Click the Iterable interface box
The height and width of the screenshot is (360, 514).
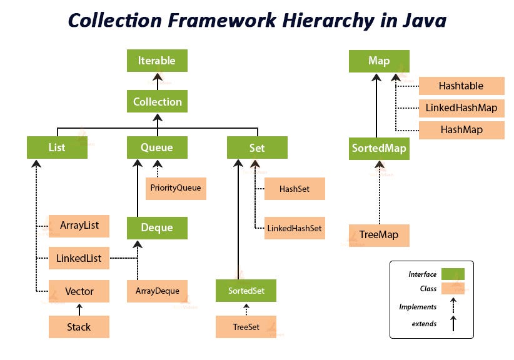(157, 61)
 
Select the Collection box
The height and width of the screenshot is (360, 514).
(157, 101)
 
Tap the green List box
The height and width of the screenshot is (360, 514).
(57, 148)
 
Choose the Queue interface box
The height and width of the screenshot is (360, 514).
(157, 148)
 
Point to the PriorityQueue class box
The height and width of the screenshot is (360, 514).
(176, 187)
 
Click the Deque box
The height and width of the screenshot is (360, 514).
(157, 227)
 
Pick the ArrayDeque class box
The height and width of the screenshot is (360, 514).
(157, 291)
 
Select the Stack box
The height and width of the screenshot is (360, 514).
(79, 327)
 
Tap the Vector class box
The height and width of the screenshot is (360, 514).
(79, 291)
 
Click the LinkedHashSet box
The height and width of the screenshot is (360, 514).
(294, 228)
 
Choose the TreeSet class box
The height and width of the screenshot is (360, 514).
(246, 327)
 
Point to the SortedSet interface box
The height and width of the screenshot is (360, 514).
(246, 291)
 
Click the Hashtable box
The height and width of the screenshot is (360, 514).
(461, 86)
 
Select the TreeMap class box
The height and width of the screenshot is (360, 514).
(379, 235)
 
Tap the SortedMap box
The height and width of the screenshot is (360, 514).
(379, 149)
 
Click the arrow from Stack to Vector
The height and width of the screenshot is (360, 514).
(79, 309)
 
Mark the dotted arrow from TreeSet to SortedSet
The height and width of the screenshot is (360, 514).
(246, 309)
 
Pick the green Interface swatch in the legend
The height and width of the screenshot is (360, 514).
(453, 274)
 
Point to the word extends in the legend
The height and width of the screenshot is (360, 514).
(424, 324)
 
